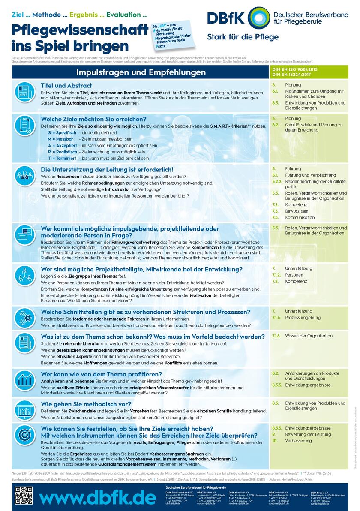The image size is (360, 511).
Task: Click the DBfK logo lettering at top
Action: [x=226, y=18]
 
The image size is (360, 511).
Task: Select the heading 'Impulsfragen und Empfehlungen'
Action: [x=141, y=72]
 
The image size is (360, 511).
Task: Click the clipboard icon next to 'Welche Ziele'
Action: [x=24, y=126]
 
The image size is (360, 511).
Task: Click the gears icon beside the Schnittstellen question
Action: [x=24, y=318]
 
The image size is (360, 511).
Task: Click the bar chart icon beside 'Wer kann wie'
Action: [x=24, y=379]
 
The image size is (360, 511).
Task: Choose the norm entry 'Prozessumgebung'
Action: [x=303, y=318]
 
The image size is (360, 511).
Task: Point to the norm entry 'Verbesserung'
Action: [x=298, y=441]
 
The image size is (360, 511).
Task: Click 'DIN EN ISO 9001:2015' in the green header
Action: [x=295, y=69]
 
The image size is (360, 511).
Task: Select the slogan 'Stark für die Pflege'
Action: [x=243, y=37]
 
